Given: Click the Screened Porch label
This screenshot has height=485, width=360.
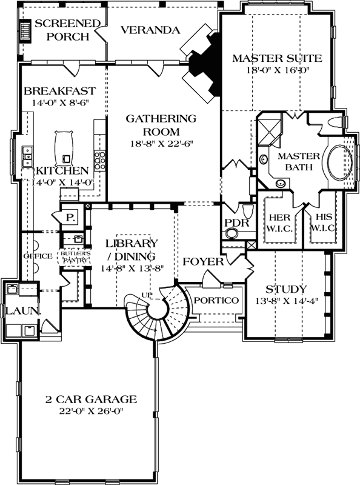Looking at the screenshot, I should tap(66, 30).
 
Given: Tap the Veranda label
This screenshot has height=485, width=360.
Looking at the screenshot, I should tap(149, 30).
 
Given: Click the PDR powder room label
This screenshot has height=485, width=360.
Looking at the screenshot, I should tap(234, 223).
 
